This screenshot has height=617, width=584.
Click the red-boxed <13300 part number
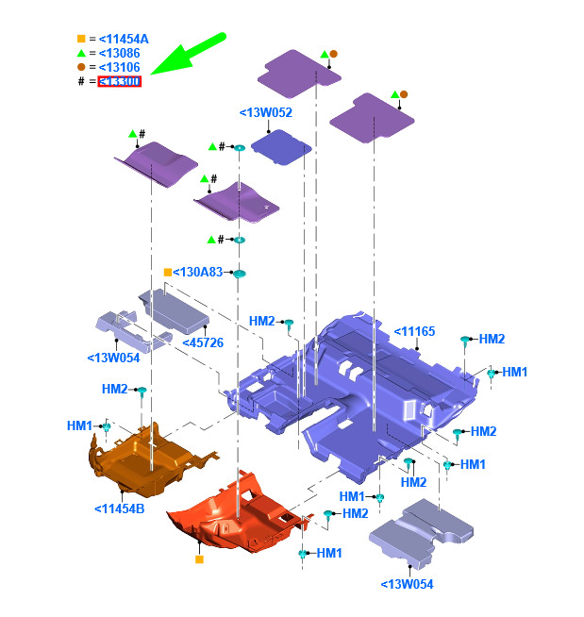click(120, 82)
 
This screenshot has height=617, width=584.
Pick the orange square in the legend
click(81, 39)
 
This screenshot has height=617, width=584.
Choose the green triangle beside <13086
click(81, 53)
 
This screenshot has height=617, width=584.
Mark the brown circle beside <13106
click(81, 67)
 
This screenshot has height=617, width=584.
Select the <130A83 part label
click(198, 272)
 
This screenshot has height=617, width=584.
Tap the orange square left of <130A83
click(167, 272)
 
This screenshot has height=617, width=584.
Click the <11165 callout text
click(414, 330)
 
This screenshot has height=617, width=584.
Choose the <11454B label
click(119, 509)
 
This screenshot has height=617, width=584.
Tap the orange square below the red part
click(199, 559)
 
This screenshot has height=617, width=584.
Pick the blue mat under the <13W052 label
click(280, 145)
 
